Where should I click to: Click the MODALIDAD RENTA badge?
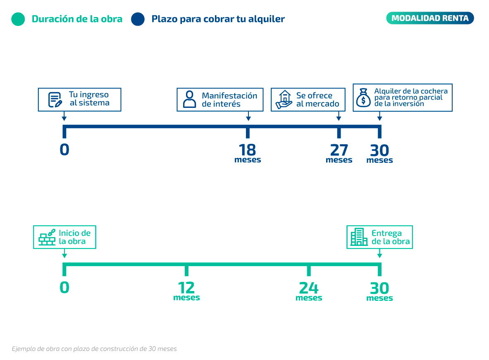[x=430, y=18]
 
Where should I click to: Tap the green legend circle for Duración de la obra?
[x=18, y=19]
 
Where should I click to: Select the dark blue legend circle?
[x=138, y=19]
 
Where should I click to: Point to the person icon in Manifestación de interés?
[x=189, y=99]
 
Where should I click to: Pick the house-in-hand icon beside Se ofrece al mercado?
[x=284, y=100]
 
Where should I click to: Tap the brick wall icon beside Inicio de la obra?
[x=47, y=237]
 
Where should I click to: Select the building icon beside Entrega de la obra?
[x=359, y=237]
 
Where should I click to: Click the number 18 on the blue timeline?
[x=247, y=150]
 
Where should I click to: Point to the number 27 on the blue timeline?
[x=339, y=150]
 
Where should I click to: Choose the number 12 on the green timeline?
[x=186, y=288]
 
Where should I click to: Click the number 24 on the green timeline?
[x=309, y=288]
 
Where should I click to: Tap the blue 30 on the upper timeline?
[x=379, y=150]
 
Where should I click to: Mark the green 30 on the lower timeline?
[x=379, y=288]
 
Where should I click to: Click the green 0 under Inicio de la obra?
[x=64, y=287]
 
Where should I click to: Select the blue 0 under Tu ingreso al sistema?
[x=64, y=150]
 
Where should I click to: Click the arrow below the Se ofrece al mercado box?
[x=339, y=116]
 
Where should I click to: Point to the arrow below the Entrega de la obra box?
[x=379, y=253]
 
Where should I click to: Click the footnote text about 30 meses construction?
[x=94, y=349]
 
